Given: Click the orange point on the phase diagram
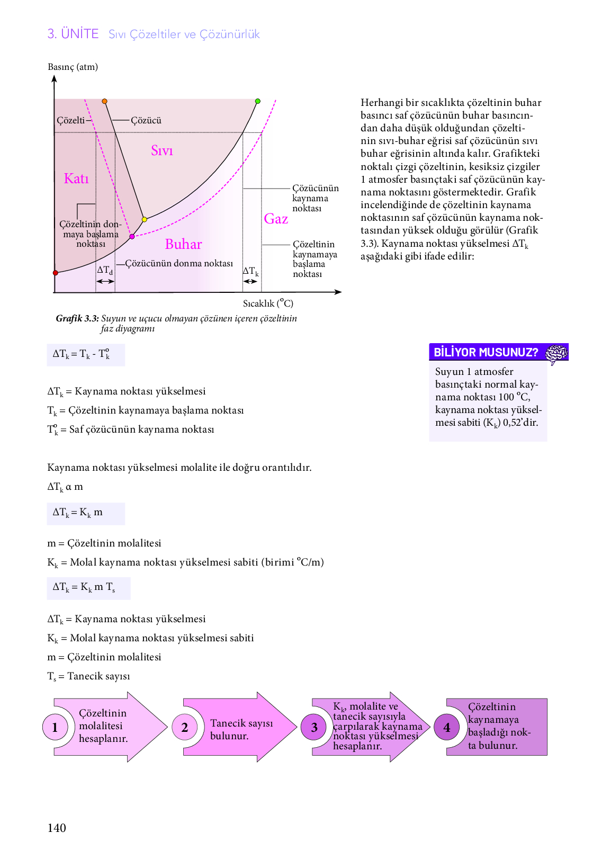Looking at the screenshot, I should [104, 101].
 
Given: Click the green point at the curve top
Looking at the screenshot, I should [258, 101].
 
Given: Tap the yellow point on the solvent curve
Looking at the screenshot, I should [144, 219].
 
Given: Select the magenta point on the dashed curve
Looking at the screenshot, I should [132, 237].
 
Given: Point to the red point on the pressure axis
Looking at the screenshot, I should [55, 273].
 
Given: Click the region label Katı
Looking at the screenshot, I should [76, 178].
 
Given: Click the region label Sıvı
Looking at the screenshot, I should [162, 151].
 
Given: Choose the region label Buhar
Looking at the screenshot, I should [183, 244].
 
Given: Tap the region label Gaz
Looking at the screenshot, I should [276, 219].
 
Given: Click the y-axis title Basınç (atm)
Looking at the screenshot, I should [73, 67].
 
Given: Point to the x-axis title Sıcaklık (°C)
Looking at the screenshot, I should [268, 303].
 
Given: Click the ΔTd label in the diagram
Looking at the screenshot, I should [105, 270].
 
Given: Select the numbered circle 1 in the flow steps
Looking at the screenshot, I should [55, 728].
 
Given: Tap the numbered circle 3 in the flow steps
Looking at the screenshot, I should [314, 728].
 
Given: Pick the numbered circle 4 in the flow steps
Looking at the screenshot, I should [447, 728].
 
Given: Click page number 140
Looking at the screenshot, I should [57, 828].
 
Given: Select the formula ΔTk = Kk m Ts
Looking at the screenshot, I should [84, 587].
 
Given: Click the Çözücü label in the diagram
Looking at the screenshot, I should [146, 120].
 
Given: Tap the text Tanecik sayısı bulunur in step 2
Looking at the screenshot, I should [241, 729].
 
